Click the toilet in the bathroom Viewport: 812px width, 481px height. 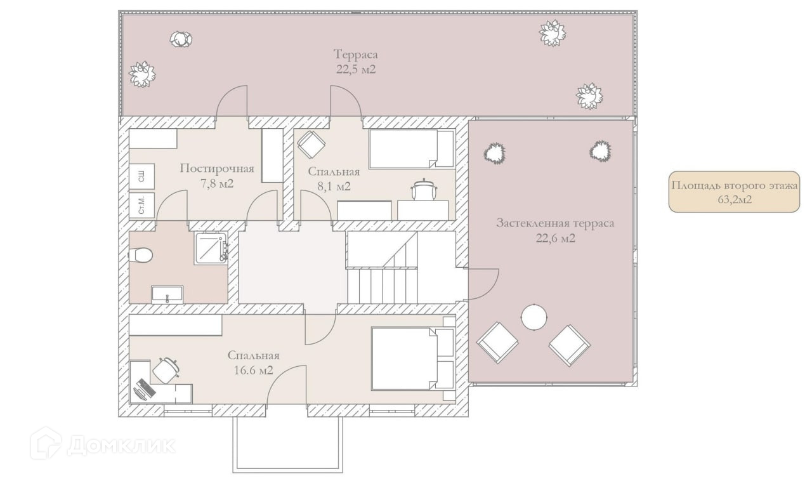point(140,254)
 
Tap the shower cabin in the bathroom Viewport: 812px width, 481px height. point(211,248)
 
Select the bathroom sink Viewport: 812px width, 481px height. point(167,294)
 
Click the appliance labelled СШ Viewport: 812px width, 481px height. point(141,176)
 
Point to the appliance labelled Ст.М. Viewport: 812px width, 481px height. point(141,206)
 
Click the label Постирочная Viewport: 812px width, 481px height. point(217,169)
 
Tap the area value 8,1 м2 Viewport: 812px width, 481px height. point(334,187)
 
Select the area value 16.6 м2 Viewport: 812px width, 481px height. point(253,371)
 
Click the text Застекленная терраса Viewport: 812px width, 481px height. point(555,223)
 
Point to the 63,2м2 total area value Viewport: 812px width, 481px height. point(735,199)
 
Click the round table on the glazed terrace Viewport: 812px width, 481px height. point(534,317)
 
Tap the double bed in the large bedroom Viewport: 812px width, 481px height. point(413,359)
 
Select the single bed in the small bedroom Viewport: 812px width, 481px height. point(412,149)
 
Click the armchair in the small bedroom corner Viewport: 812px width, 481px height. point(311,145)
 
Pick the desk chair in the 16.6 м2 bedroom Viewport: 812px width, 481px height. point(166,370)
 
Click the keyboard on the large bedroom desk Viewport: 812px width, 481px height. point(147,387)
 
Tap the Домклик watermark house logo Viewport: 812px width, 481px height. point(46,444)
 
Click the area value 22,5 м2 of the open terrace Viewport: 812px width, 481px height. point(356,69)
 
